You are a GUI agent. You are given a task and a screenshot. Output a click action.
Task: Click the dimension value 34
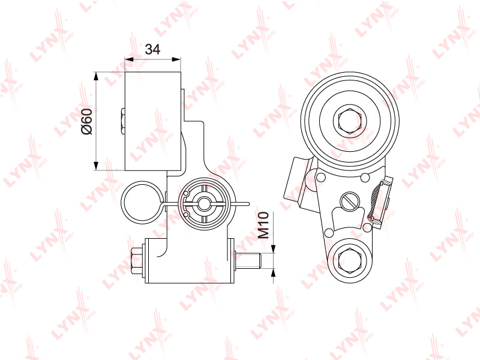point(152,49)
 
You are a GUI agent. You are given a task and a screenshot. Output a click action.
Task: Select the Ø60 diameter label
point(86,121)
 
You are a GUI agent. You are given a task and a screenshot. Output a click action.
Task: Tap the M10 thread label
point(263,225)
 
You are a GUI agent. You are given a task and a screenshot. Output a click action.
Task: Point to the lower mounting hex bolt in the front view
point(350,259)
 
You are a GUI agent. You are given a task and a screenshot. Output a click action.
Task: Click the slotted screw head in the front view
point(350,202)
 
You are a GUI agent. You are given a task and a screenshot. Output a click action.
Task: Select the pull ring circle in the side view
point(140,202)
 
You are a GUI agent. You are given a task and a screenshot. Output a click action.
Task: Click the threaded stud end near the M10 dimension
point(248,261)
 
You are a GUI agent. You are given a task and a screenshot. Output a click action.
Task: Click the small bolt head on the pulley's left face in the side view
point(122,121)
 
